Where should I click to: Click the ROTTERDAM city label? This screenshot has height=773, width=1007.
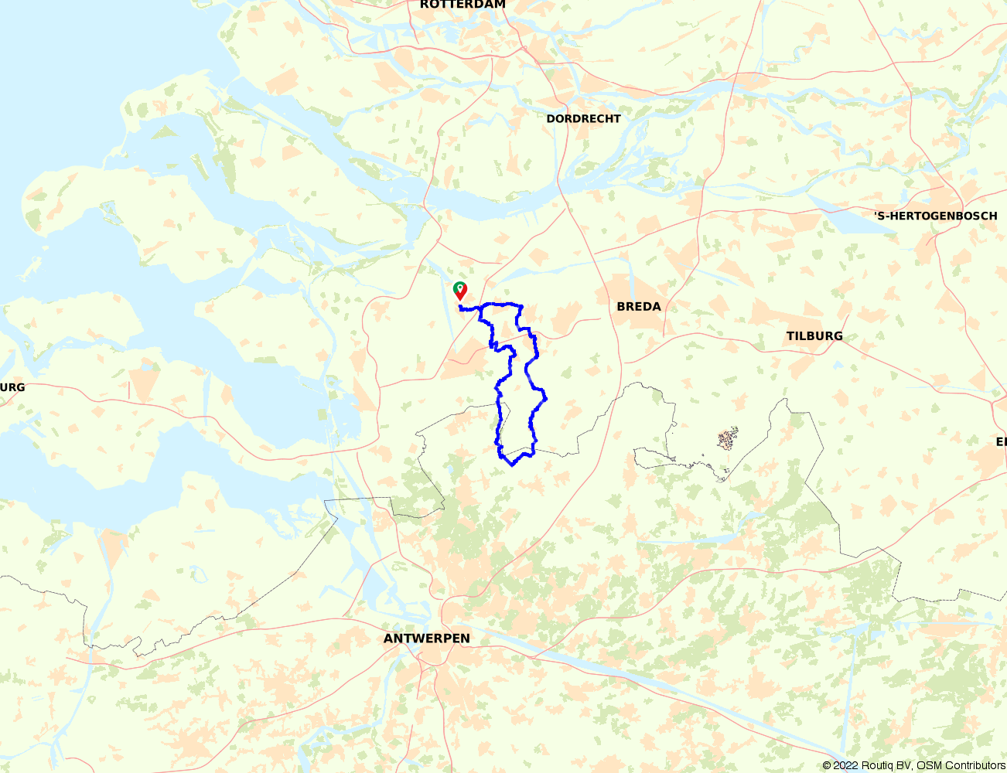click(x=463, y=5)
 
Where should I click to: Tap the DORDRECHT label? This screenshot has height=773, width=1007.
click(x=583, y=119)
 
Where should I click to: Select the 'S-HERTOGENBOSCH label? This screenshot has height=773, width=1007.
click(x=935, y=216)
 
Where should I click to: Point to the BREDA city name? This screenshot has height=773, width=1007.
click(x=639, y=307)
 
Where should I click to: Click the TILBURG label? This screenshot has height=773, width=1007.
click(x=814, y=336)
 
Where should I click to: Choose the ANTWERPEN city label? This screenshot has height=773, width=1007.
click(x=426, y=638)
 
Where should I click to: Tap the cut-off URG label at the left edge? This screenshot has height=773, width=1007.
click(x=12, y=387)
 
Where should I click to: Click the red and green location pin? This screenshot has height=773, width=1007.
click(x=460, y=291)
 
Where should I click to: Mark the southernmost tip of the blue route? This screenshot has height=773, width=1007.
click(x=512, y=465)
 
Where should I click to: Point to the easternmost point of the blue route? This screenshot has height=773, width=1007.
click(x=546, y=399)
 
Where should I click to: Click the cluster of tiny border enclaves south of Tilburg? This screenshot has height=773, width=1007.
click(x=727, y=440)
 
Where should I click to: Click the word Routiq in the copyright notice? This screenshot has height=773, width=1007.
click(x=876, y=765)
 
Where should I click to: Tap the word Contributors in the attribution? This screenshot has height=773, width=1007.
click(x=972, y=765)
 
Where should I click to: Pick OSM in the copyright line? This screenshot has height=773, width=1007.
click(x=928, y=765)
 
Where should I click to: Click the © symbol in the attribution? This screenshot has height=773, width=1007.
click(x=827, y=765)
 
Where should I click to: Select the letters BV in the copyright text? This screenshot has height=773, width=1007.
click(x=903, y=765)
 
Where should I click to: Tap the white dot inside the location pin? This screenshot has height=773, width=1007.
click(x=460, y=288)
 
